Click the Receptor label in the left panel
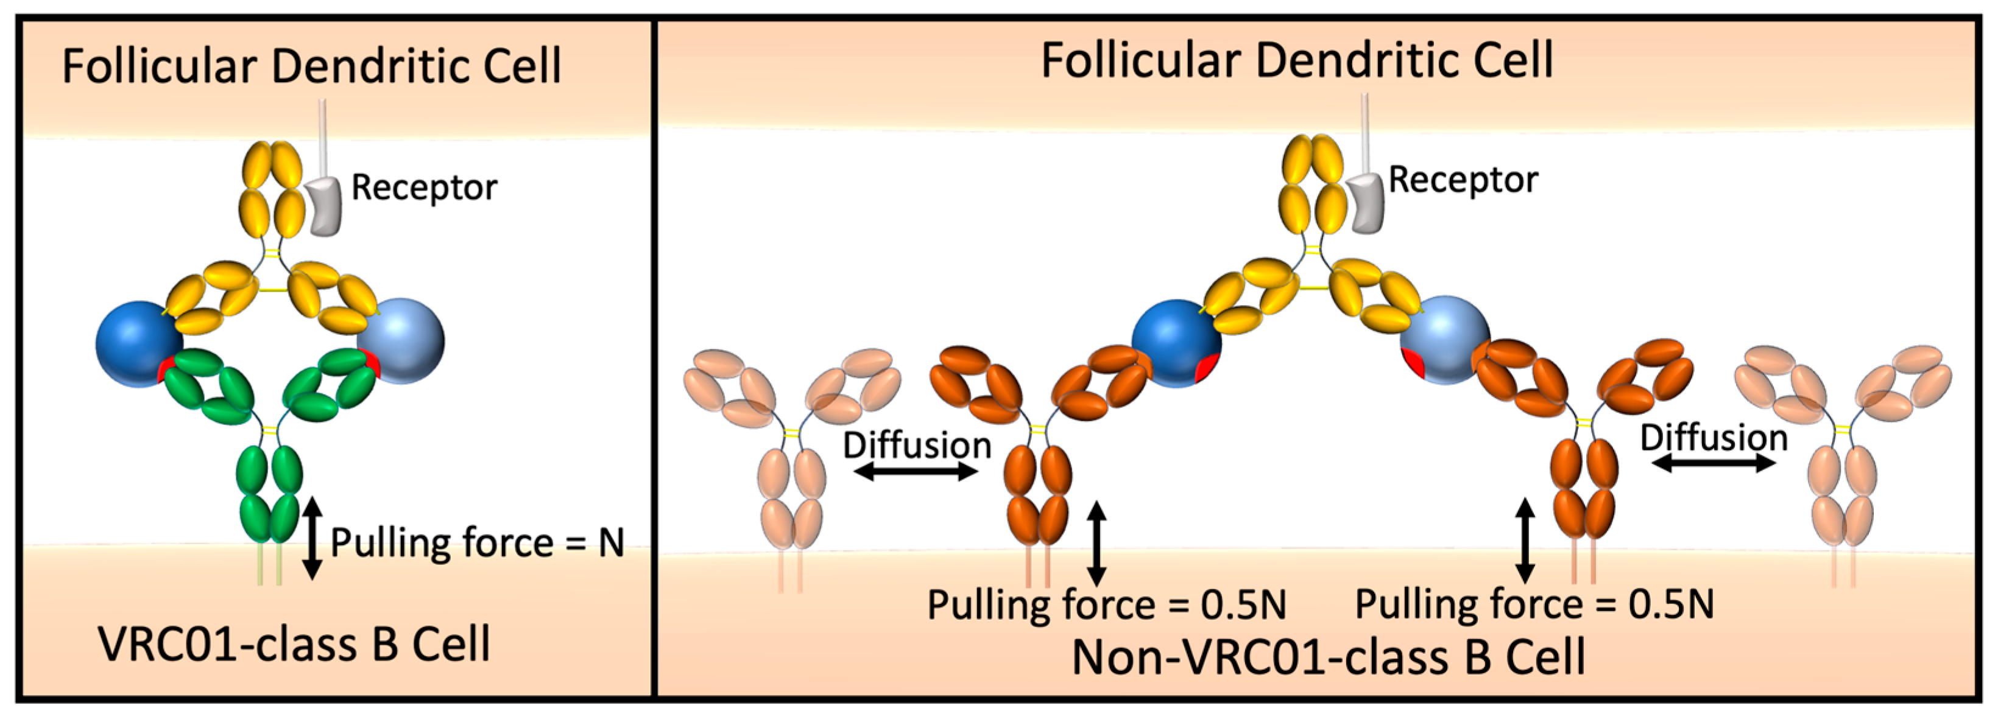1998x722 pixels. (x=423, y=188)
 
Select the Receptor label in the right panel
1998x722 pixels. (x=1463, y=180)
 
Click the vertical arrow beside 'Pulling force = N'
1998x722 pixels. (x=312, y=538)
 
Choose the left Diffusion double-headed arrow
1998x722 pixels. (x=916, y=471)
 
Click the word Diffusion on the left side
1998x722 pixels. (x=917, y=444)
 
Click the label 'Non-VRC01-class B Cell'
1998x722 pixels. (x=1328, y=657)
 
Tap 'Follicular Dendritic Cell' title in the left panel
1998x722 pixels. (x=311, y=65)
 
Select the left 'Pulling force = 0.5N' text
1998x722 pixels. (x=1107, y=605)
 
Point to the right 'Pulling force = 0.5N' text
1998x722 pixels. (x=1534, y=604)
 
